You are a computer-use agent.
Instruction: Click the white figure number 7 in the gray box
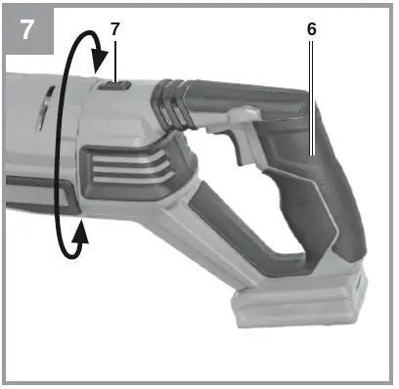(x=26, y=26)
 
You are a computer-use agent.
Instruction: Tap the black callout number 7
(x=114, y=29)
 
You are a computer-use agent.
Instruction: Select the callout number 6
(x=311, y=29)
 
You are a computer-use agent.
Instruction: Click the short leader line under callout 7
(x=114, y=59)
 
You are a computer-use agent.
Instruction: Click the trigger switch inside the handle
(x=235, y=147)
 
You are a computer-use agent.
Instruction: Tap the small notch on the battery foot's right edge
(x=361, y=289)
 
